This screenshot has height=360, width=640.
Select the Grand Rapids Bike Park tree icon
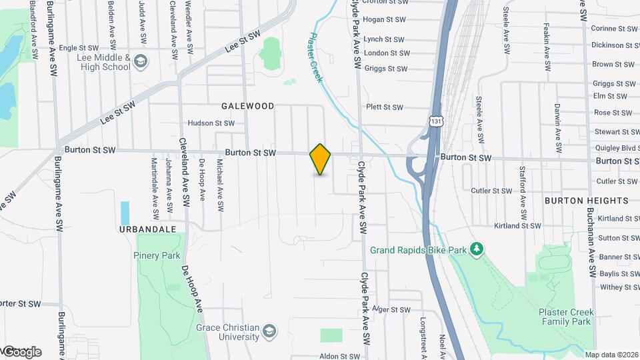coord(476,249)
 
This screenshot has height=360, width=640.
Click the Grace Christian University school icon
coord(269,331)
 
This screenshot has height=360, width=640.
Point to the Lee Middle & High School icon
coord(141,62)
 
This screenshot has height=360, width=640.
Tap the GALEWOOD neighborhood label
coord(248,106)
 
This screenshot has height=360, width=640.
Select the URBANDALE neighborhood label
coord(147,229)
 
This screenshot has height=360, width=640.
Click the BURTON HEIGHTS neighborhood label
coord(586,200)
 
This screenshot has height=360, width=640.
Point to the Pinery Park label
coord(157,255)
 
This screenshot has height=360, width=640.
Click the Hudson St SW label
coord(211,123)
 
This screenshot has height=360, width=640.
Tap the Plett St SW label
coord(385,107)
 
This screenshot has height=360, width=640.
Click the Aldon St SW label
coord(340,357)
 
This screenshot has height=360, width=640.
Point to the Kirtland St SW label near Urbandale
coord(517,226)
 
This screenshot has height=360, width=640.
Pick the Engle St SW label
coord(77,48)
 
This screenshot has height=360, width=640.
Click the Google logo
coord(21,351)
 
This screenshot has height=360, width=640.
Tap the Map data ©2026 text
coord(611,355)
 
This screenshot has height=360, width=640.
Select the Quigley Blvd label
coord(615,148)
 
